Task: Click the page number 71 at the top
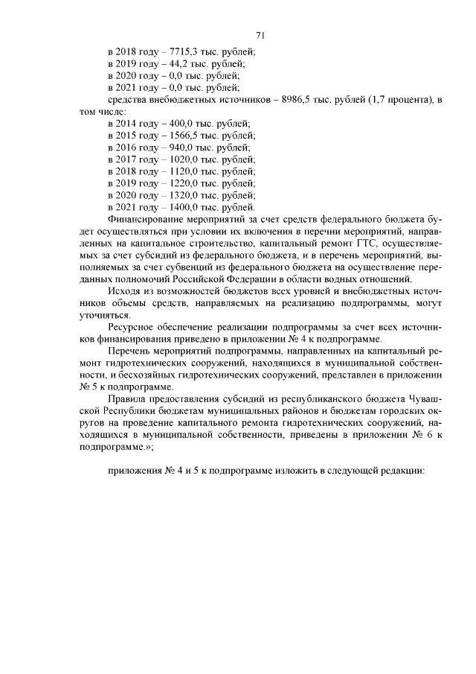coord(260,35)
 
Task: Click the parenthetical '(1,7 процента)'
coord(400,99)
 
